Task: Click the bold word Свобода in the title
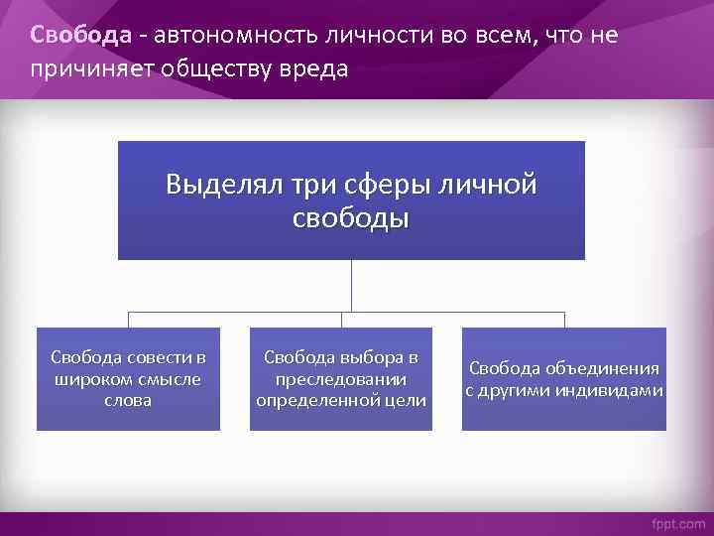coord(80,36)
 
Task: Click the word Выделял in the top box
coord(223,185)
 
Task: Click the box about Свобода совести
coord(128,378)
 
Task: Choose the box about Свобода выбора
coord(341,378)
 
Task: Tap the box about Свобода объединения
coord(564,378)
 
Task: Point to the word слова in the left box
coord(128,400)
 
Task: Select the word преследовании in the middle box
coord(341,379)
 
